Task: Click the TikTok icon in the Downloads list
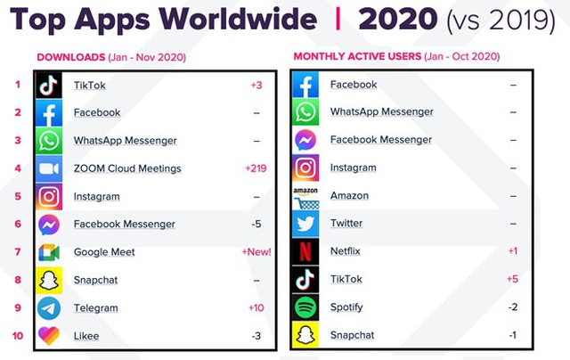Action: click(x=49, y=85)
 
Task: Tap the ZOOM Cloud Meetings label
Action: click(x=126, y=168)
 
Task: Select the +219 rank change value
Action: click(x=257, y=168)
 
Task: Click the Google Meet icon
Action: click(x=49, y=252)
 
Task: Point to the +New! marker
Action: click(x=256, y=252)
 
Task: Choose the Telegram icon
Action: click(x=49, y=308)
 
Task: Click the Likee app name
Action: click(x=86, y=336)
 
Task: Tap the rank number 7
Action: click(x=17, y=252)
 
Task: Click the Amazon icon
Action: click(x=305, y=196)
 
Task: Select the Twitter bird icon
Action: click(x=305, y=224)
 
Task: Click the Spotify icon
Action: click(x=305, y=307)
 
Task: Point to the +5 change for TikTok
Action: click(x=513, y=279)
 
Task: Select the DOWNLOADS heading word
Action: click(x=70, y=57)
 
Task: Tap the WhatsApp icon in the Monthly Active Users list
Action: click(x=305, y=112)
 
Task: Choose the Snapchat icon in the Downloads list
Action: click(x=49, y=281)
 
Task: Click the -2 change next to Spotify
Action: click(x=513, y=307)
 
